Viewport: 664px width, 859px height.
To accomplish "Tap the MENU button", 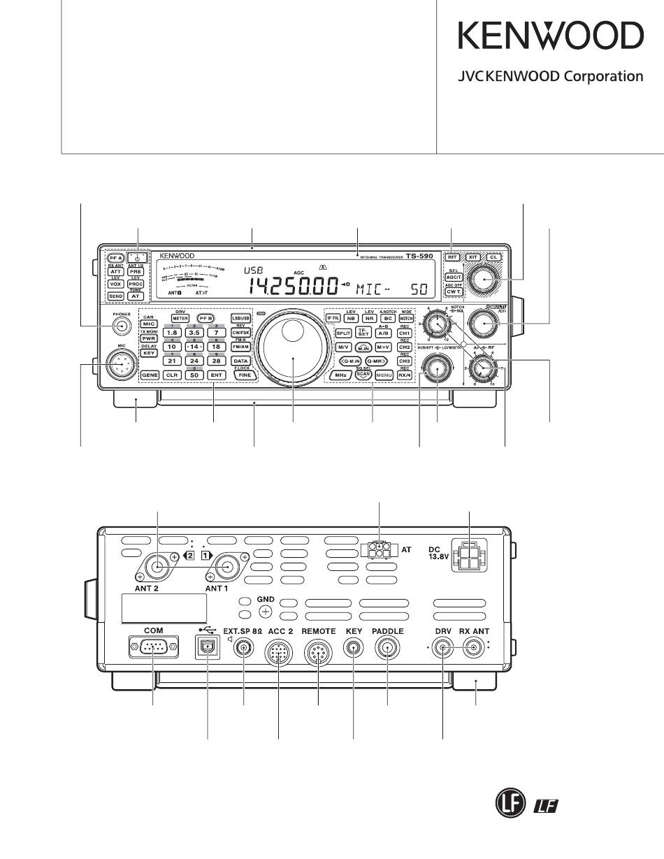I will [x=384, y=375].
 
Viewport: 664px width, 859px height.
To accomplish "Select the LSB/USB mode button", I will [x=241, y=318].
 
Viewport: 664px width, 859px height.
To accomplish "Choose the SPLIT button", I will [x=343, y=333].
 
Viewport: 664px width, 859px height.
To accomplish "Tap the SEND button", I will [x=116, y=296].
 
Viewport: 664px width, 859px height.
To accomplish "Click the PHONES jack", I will [x=122, y=326].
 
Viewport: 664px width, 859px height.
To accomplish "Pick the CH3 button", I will [x=404, y=361].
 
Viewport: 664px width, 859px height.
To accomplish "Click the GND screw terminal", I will [x=265, y=612].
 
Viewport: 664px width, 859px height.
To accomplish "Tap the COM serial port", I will [x=153, y=648].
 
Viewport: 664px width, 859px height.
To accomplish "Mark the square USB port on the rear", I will [x=208, y=648].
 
